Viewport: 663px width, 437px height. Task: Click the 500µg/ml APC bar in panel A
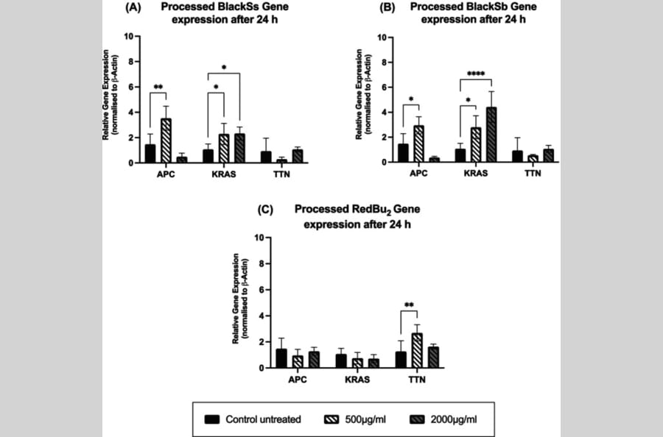tap(166, 141)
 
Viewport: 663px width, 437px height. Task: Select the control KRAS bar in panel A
tap(208, 156)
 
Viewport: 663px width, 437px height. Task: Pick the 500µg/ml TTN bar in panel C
tap(416, 350)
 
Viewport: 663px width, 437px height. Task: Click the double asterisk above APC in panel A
tap(158, 88)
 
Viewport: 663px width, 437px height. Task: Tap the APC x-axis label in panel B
tap(419, 175)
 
